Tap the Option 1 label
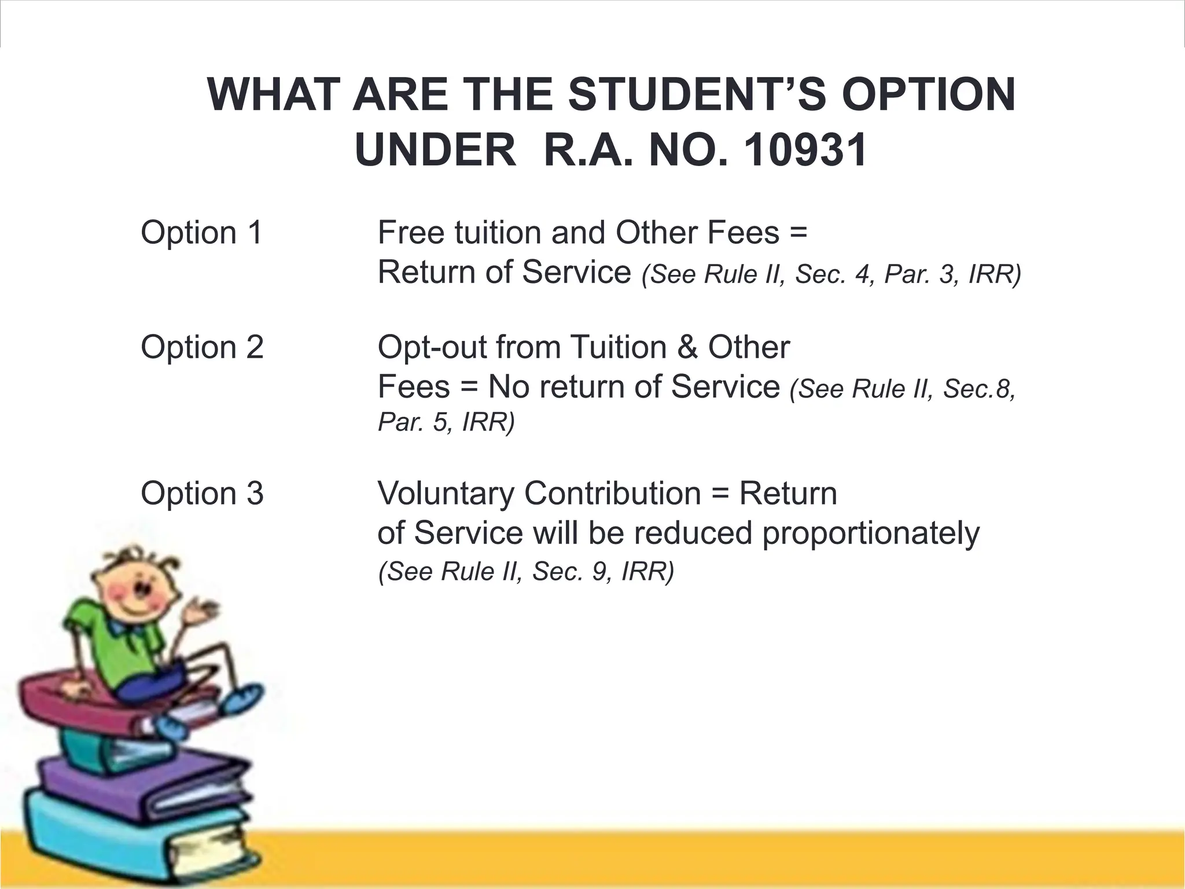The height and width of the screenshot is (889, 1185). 202,233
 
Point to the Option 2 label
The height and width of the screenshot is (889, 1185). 202,347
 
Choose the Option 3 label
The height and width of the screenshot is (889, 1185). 202,494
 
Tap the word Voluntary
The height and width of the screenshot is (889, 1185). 445,494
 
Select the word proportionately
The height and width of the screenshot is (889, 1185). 870,533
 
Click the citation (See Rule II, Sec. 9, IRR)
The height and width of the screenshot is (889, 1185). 526,572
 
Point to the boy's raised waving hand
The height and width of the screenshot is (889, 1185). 200,611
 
